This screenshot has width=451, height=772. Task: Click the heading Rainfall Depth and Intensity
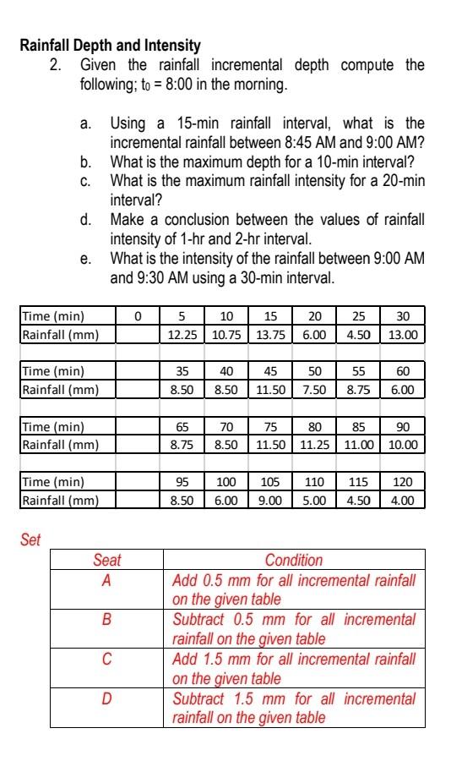click(110, 46)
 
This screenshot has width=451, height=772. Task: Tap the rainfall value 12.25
click(182, 335)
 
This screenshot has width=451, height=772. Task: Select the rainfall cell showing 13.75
click(271, 335)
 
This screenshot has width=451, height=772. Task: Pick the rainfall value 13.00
click(403, 335)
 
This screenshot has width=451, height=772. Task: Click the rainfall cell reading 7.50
click(314, 390)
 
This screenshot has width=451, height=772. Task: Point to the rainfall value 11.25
click(314, 445)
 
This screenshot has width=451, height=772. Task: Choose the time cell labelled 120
click(403, 482)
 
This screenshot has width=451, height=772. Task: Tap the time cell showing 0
click(138, 317)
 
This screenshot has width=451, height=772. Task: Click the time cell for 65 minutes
click(182, 428)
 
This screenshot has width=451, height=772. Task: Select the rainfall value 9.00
click(271, 500)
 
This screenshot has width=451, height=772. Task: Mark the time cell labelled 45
click(271, 372)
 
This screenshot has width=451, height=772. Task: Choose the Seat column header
click(106, 560)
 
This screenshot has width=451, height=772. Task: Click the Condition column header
click(294, 560)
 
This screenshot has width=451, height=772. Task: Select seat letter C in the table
click(106, 658)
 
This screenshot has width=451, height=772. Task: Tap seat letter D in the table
click(106, 698)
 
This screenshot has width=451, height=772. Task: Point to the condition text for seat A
click(294, 589)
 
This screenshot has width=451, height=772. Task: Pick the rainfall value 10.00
click(403, 445)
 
